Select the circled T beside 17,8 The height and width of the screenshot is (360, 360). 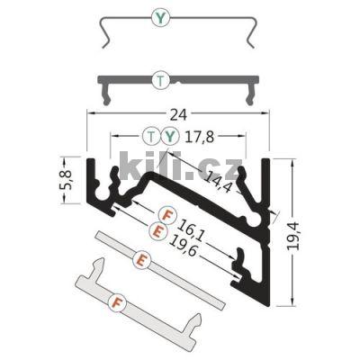(x=151, y=137)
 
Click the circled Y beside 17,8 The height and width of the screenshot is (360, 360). (x=167, y=137)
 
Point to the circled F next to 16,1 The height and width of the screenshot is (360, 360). (x=166, y=214)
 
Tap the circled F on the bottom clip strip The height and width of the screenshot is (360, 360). (x=115, y=301)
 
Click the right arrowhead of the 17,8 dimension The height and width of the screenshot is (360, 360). (x=243, y=137)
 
